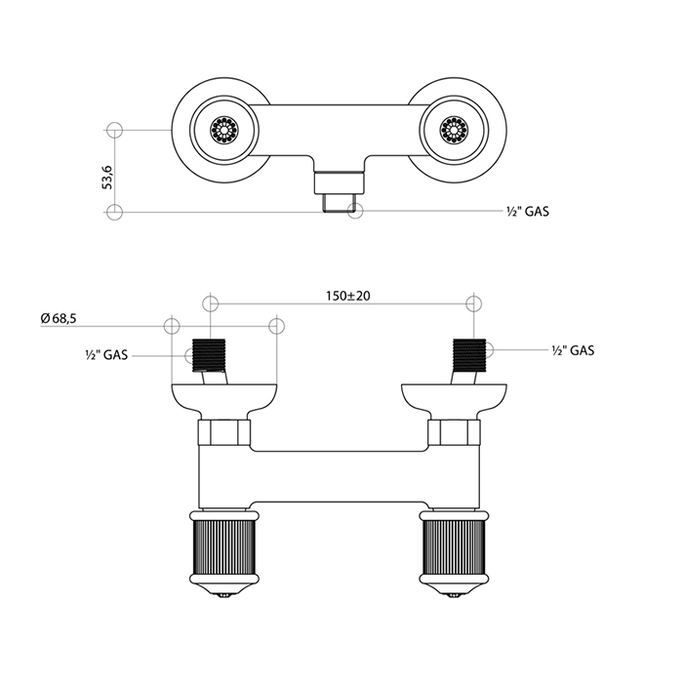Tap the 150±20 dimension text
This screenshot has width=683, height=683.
click(348, 297)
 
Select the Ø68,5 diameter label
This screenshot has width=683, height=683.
click(59, 318)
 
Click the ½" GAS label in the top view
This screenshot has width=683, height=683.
click(528, 212)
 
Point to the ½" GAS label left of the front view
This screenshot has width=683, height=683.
click(106, 355)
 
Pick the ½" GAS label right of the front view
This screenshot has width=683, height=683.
click(573, 350)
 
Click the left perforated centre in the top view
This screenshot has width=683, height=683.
click(224, 130)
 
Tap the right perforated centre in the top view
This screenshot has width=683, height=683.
click(454, 130)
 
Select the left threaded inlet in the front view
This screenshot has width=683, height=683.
click(209, 355)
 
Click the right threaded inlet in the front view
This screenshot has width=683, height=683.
click(469, 355)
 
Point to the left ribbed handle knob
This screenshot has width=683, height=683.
click(224, 548)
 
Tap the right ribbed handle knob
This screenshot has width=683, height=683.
click(454, 548)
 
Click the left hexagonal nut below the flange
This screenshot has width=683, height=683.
click(224, 432)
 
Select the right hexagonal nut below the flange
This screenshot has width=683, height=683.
click(454, 432)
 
